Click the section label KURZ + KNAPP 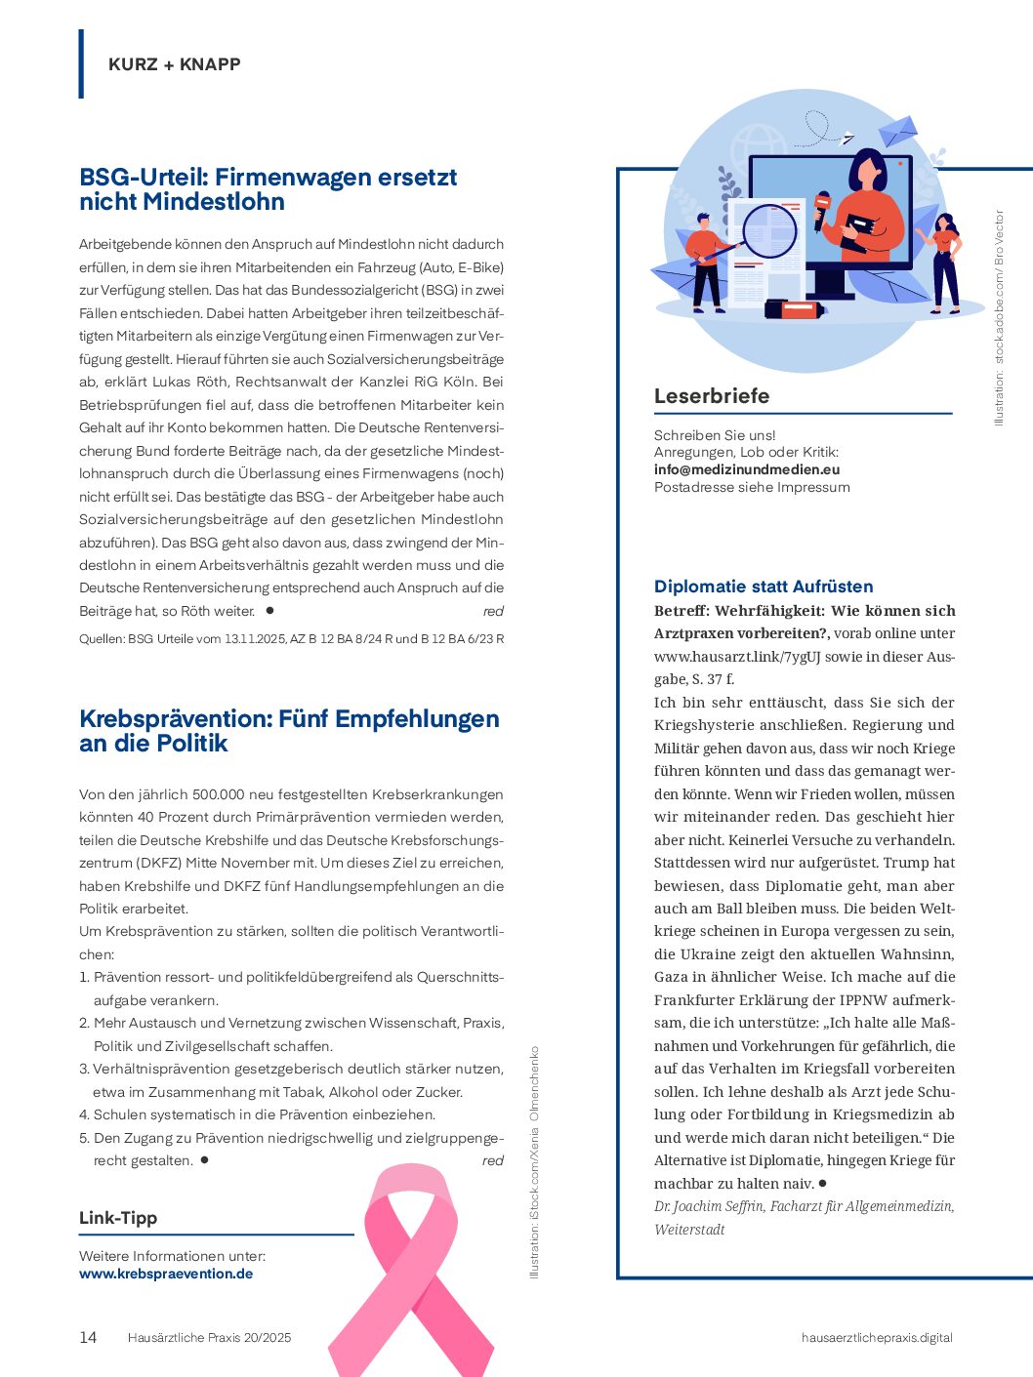tap(175, 64)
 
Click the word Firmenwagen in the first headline tap(289, 178)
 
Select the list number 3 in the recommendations tap(84, 1069)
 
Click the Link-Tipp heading tap(118, 1218)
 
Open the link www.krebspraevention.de tap(166, 1274)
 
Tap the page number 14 tap(88, 1337)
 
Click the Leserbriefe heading tap(712, 396)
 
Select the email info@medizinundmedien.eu tap(747, 469)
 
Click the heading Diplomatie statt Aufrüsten tap(764, 587)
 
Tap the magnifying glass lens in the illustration tap(769, 230)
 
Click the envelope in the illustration tap(897, 131)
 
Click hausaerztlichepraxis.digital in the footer tap(877, 1337)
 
